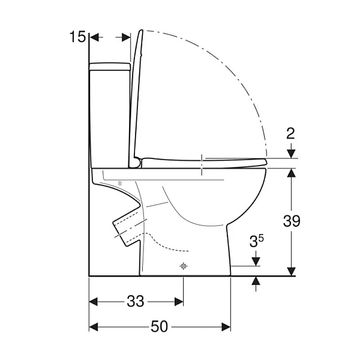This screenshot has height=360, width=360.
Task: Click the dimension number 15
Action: click(77, 37)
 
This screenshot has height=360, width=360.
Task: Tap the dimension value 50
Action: click(160, 326)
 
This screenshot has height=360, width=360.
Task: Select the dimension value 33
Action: click(136, 301)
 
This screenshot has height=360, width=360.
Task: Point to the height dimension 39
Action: click(292, 221)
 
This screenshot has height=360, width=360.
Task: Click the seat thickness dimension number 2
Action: click(290, 133)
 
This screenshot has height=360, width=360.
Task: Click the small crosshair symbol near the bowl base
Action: click(183, 266)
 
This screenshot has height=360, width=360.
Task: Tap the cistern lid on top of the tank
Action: click(110, 67)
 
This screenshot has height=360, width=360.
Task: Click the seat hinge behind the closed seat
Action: click(136, 163)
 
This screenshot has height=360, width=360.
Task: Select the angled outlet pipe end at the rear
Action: click(120, 233)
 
